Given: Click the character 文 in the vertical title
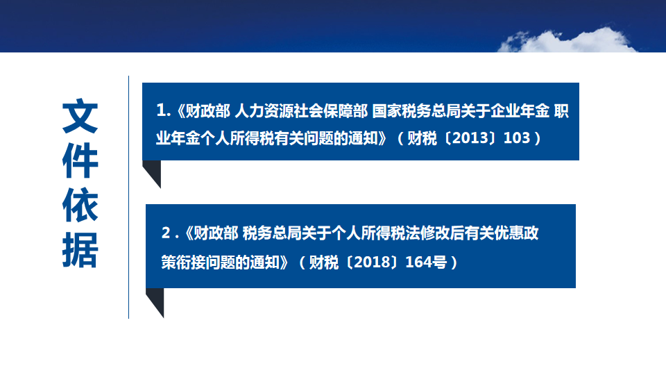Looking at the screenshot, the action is pos(80,116).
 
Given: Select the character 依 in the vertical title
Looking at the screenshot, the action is pos(80,205).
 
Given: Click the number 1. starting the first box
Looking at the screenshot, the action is pos(164,110).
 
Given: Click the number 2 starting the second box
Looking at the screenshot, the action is pos(166,233).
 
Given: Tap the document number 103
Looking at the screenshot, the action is pos(516,137).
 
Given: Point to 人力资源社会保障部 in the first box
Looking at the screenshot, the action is pos(301,111).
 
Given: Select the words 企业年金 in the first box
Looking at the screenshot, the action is pos(520,111).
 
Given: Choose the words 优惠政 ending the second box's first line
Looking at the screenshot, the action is pos(516,233).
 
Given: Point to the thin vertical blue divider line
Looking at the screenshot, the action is pos(129,197).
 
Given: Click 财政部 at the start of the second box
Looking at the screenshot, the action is pos(216,233).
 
